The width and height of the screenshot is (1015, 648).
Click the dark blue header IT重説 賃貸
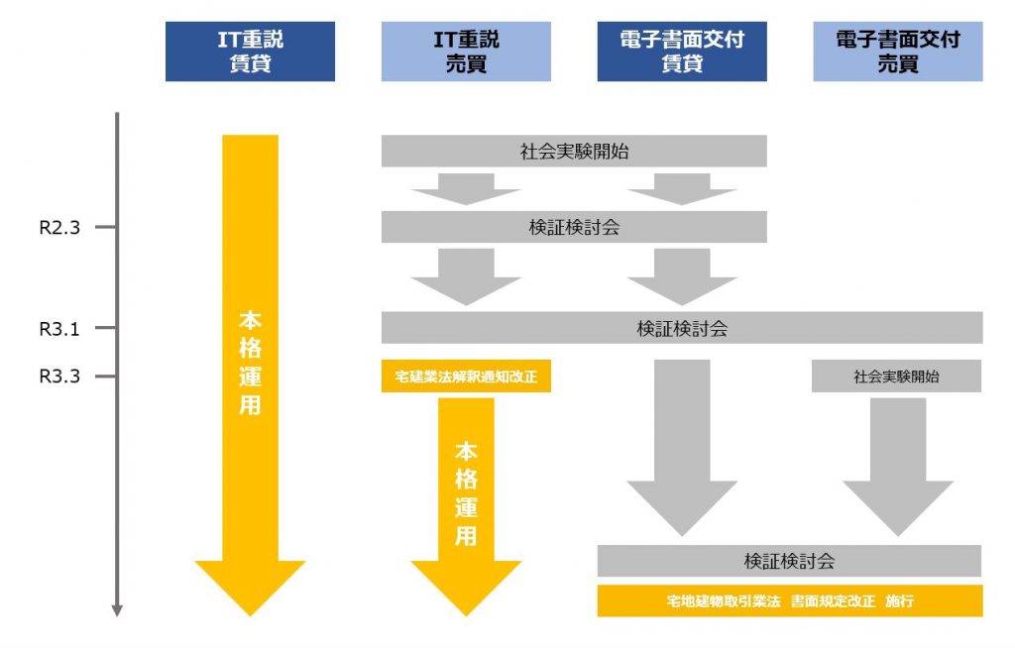click(x=250, y=53)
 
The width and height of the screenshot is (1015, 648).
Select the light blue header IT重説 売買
click(x=466, y=53)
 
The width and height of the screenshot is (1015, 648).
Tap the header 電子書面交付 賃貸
click(x=682, y=53)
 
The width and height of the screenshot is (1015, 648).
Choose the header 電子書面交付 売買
click(x=898, y=53)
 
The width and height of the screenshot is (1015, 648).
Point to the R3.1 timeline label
click(x=59, y=328)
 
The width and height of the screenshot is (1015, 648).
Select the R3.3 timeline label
click(x=59, y=377)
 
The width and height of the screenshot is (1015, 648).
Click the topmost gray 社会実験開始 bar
click(x=574, y=152)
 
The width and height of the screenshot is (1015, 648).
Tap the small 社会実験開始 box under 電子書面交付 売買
click(x=897, y=377)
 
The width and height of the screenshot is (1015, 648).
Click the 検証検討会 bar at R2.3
click(x=574, y=227)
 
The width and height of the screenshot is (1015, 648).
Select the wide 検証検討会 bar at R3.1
click(x=682, y=328)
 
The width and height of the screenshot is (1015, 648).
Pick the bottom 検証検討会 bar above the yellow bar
click(x=789, y=561)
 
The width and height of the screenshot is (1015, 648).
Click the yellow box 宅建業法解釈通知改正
click(x=466, y=377)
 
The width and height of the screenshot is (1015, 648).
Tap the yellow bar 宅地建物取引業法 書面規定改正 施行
click(x=789, y=601)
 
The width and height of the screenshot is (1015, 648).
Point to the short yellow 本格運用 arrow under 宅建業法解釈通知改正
click(x=466, y=495)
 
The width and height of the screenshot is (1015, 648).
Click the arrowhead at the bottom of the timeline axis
click(x=117, y=609)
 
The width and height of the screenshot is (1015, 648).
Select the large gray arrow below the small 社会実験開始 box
click(x=897, y=466)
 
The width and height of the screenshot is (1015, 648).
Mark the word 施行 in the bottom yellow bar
click(x=900, y=601)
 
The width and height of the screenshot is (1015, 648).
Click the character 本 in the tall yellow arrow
click(x=250, y=322)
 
